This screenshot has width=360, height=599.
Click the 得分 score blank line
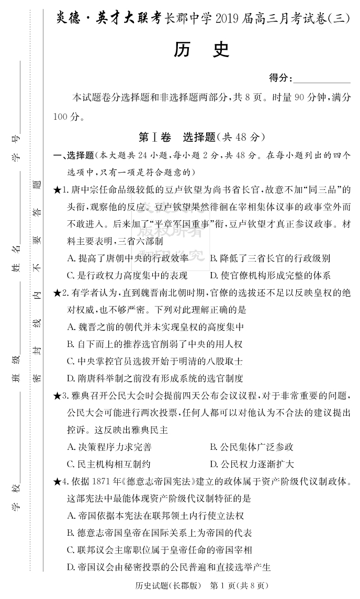322,78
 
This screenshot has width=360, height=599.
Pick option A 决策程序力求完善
110,447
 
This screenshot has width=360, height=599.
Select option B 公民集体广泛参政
252,447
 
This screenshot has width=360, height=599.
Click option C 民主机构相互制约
110,464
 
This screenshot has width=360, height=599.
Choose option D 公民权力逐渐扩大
252,464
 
